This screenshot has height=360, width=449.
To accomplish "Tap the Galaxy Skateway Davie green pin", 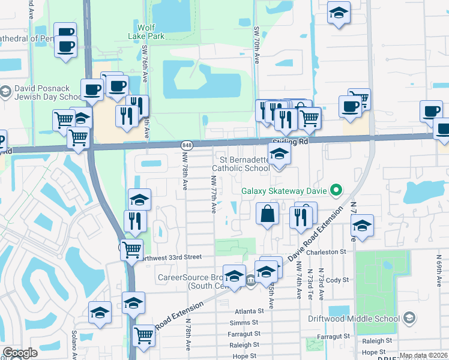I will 336,192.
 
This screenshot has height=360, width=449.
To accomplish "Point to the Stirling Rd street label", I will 289,142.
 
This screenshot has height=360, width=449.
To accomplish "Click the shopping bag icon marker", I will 268,214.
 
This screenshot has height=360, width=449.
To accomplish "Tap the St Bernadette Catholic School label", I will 245,164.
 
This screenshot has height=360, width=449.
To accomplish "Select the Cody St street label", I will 337,280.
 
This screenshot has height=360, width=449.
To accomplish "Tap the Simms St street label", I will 247,322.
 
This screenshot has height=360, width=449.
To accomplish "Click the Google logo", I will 20,353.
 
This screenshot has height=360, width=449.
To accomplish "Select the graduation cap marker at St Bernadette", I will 279,155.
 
